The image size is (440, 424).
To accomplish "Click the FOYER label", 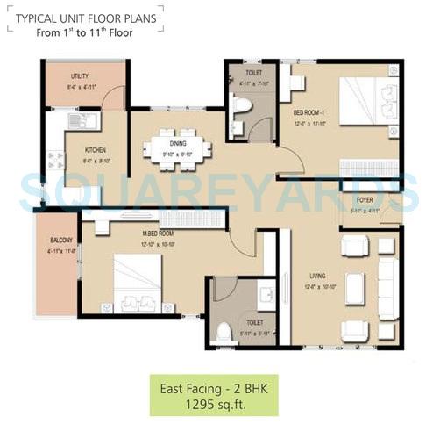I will tap(365, 199).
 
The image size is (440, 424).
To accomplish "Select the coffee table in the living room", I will tap(355, 287).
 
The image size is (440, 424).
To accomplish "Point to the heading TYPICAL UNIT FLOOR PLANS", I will tap(84, 16).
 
